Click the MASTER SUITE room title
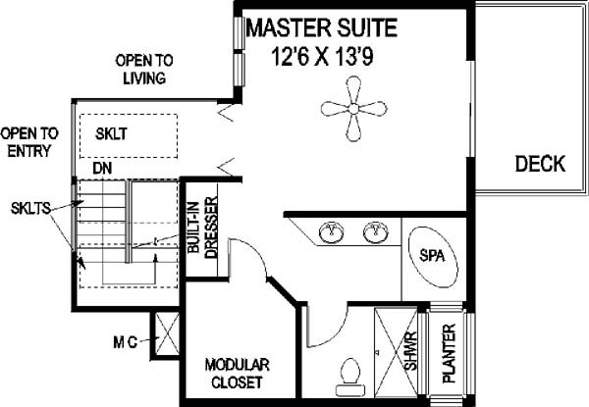click(x=322, y=27)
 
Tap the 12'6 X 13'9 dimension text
click(x=322, y=57)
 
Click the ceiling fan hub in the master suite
click(x=353, y=109)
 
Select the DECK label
click(x=540, y=164)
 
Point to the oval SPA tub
click(x=433, y=257)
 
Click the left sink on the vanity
click(x=331, y=231)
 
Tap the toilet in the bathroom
click(x=350, y=377)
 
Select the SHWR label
click(x=411, y=351)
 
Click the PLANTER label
click(x=449, y=353)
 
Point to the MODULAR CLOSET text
click(x=237, y=374)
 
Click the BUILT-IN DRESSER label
click(x=203, y=228)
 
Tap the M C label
click(x=126, y=342)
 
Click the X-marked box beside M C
click(x=167, y=333)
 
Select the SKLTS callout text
click(x=30, y=209)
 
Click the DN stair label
click(x=102, y=169)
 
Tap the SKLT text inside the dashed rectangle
click(x=111, y=134)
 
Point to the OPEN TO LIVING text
click(x=144, y=69)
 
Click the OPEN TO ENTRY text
click(x=29, y=142)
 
